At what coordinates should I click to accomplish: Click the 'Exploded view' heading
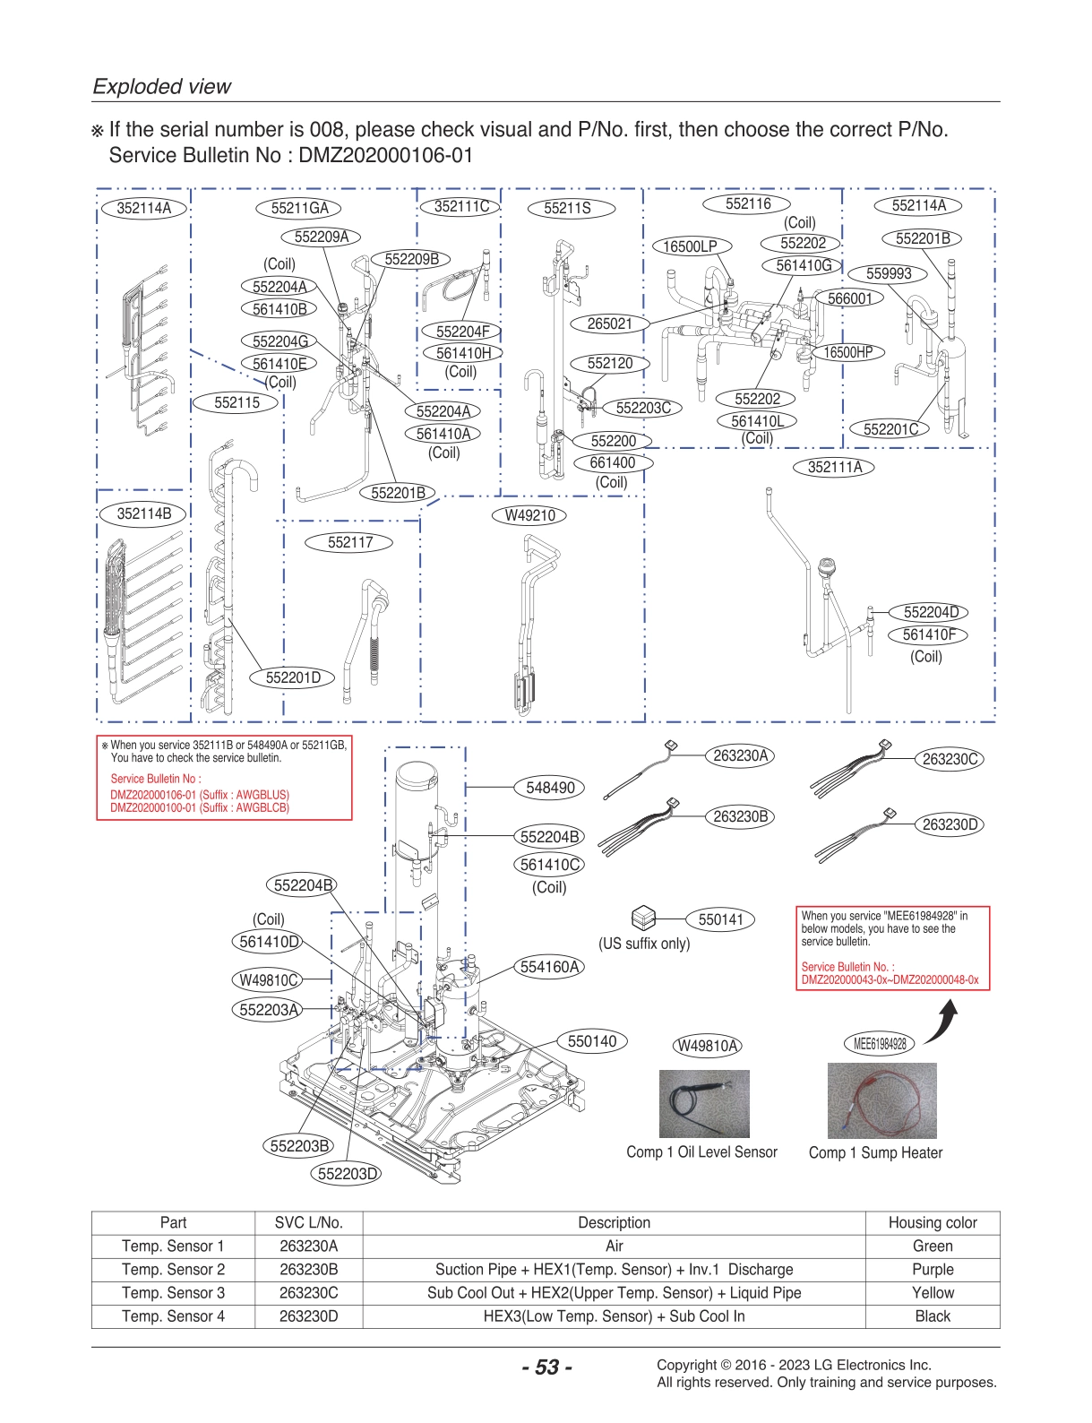click(161, 87)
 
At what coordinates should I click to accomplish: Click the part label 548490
click(550, 788)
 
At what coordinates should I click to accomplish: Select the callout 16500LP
click(690, 246)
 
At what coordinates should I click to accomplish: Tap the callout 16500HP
click(847, 352)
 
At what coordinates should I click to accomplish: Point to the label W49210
click(529, 515)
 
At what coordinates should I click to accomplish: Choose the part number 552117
click(349, 542)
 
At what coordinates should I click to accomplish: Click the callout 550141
click(720, 919)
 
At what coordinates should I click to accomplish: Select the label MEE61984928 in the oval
click(880, 1044)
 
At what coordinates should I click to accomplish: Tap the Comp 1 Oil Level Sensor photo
click(704, 1104)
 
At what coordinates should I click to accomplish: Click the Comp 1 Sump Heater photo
click(881, 1101)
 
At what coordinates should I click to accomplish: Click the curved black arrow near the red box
click(942, 1022)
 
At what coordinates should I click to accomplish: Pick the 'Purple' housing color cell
click(932, 1270)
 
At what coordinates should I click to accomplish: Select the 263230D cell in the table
click(308, 1316)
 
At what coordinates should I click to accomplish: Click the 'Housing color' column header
click(932, 1223)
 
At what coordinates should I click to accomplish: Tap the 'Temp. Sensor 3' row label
click(173, 1293)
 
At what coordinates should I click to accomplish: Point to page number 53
click(546, 1367)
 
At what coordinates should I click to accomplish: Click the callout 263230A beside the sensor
click(740, 755)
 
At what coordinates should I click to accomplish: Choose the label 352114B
click(143, 513)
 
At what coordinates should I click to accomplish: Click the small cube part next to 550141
click(643, 918)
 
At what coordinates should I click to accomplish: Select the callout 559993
click(889, 273)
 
